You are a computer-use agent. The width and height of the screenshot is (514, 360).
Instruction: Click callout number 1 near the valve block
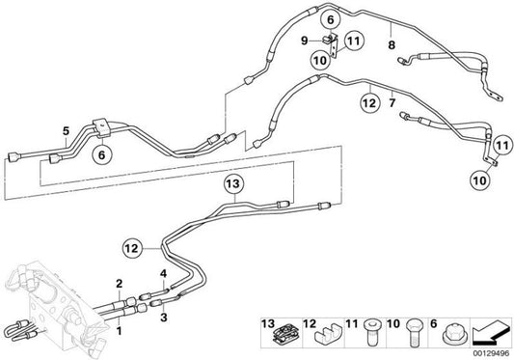click(x=119, y=331)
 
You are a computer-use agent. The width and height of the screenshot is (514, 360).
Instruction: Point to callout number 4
click(x=164, y=274)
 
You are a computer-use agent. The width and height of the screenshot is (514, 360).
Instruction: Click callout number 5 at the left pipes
click(x=65, y=131)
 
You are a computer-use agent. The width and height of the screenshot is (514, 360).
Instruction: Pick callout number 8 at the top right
click(x=390, y=43)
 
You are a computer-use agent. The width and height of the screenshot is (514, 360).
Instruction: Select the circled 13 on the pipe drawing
click(x=231, y=181)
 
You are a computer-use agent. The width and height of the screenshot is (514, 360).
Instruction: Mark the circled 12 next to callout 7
click(x=368, y=97)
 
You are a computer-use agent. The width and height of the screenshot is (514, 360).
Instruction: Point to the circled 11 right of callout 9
click(x=353, y=41)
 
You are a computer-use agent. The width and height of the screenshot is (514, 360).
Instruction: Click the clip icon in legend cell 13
click(x=285, y=336)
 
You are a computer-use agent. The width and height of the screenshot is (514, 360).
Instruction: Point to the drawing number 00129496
click(x=490, y=353)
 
